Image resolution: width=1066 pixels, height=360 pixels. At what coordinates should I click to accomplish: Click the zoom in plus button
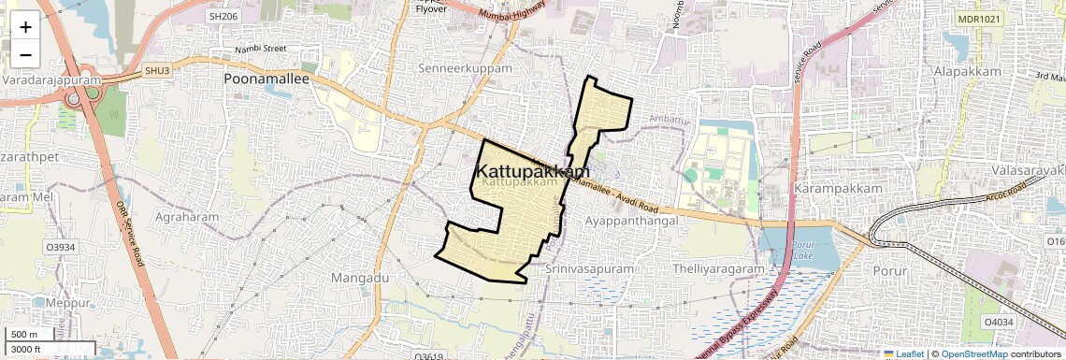coord(25,26)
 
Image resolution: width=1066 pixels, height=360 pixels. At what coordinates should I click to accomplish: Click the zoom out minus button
coord(25,54)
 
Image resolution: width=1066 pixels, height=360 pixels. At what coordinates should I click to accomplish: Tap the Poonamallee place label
coord(266,79)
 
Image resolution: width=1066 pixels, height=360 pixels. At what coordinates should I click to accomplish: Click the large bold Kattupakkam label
coord(534,172)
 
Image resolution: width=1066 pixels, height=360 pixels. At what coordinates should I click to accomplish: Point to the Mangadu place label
coord(359,278)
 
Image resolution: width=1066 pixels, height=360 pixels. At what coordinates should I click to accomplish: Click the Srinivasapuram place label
coord(590,268)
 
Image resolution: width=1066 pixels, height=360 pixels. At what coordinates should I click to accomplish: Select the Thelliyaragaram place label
coord(718,268)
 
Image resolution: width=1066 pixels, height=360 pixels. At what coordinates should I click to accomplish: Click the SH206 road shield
coord(223,16)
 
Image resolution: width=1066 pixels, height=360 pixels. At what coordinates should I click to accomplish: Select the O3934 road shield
coord(59,247)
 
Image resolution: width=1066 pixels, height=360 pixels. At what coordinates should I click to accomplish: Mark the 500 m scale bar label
coord(24,335)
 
